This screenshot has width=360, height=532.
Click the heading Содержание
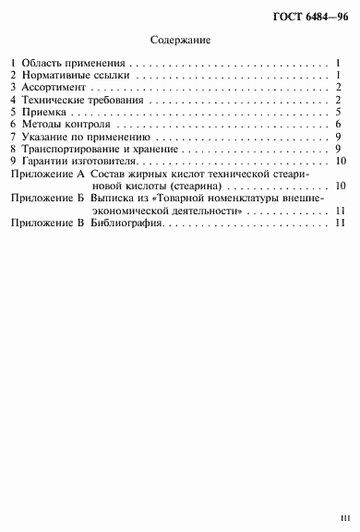pyautogui.click(x=180, y=41)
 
